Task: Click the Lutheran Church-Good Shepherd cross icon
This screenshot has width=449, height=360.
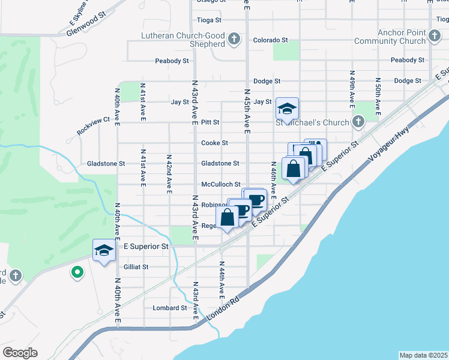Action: click(235, 41)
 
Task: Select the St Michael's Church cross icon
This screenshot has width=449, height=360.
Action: click(358, 122)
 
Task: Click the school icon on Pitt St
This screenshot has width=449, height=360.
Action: click(287, 110)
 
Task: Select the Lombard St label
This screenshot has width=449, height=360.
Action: click(170, 308)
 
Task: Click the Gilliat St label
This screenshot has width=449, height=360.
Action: click(136, 266)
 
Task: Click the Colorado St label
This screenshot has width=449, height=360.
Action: click(270, 40)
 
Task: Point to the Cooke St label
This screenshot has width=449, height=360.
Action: click(214, 143)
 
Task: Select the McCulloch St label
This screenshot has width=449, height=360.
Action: click(221, 185)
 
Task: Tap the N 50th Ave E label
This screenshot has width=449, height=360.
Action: click(378, 96)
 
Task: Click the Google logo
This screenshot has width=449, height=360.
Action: click(20, 352)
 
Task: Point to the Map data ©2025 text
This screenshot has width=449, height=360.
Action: click(423, 355)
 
